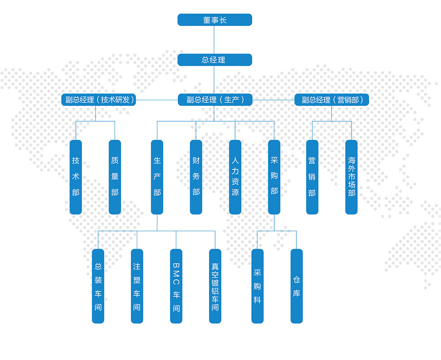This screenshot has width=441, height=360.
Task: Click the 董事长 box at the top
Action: pos(215,20)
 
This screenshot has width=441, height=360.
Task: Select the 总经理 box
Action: pos(215,60)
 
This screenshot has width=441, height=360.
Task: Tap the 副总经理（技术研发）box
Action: pos(99,100)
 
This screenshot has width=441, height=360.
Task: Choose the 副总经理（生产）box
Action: pos(215,100)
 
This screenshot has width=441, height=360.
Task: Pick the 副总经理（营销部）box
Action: pos(332,100)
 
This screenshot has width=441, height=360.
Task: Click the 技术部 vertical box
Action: pos(76,177)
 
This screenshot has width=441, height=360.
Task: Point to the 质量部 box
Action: pos(115,177)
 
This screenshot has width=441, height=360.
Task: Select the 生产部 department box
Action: pos(157,177)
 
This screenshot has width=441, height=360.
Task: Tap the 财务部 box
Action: pos(196,177)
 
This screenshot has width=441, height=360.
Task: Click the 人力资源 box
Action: pos(235,177)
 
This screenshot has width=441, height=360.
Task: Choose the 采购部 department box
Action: pos(274,177)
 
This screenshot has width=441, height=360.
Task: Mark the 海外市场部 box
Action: pos(351,177)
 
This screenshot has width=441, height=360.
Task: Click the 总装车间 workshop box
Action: pos(98,286)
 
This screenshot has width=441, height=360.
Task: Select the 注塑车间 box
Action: pos(137,286)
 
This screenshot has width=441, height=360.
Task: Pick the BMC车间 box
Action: pos(176,286)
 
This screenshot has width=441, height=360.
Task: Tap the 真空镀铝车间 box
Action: pos(215,286)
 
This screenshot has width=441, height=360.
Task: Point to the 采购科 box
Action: pos(258,286)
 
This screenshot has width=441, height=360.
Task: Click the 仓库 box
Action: pos(296,286)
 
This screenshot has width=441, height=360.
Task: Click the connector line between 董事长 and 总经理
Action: pos(214,40)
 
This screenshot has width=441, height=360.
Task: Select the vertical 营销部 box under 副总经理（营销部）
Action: pos(312,177)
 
